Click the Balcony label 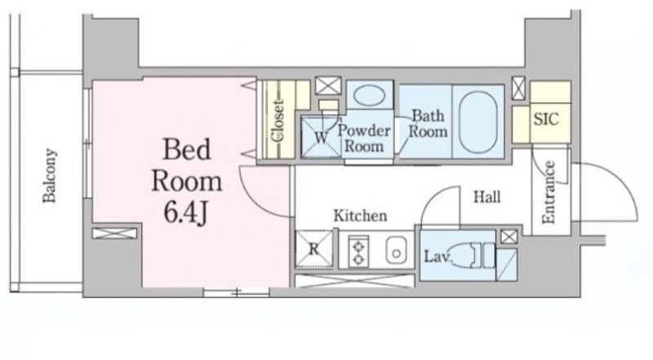click(50, 176)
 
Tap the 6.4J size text click(186, 213)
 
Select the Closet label click(278, 121)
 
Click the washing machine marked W click(321, 136)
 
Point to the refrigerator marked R click(314, 249)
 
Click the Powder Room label click(364, 138)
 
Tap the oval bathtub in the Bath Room click(478, 122)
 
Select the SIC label click(546, 119)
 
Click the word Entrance click(549, 192)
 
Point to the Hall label click(486, 196)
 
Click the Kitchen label click(360, 216)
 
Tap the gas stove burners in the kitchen click(358, 251)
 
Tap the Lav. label click(438, 256)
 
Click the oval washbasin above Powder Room click(369, 95)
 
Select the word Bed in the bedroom click(186, 149)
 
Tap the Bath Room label click(428, 123)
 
